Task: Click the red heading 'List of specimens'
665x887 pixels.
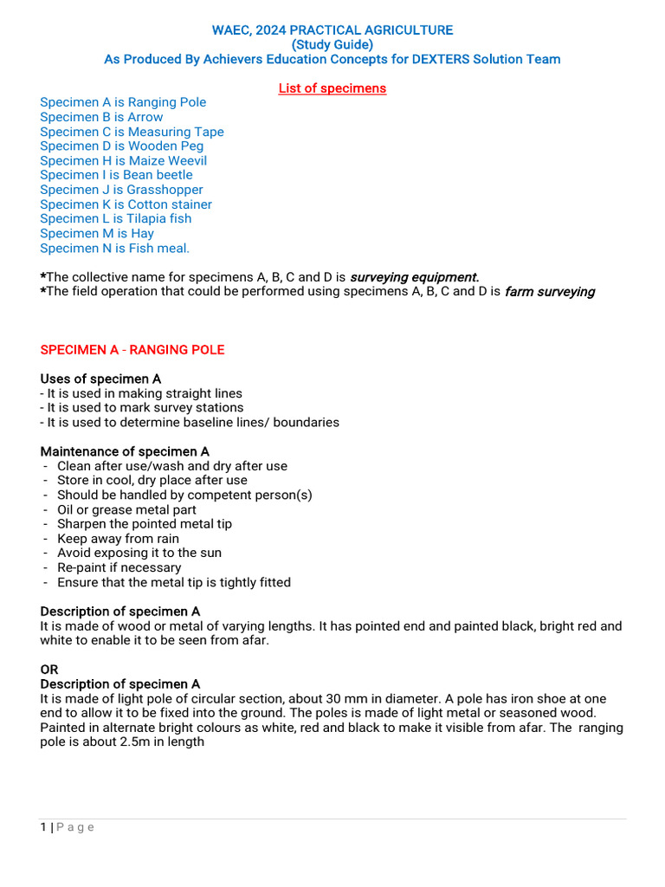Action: (332, 88)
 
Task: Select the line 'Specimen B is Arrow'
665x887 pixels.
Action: (101, 117)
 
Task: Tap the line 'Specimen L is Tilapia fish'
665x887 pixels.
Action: (115, 218)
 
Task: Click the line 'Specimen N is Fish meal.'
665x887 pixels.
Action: (114, 248)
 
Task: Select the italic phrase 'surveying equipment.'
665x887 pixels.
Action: (414, 277)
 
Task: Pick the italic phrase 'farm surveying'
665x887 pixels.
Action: (550, 292)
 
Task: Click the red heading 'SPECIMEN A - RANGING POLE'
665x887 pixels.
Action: (132, 350)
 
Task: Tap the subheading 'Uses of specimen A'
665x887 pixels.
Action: (100, 379)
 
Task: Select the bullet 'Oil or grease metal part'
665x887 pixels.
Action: (126, 509)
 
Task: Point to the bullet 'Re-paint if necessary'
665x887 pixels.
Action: (119, 567)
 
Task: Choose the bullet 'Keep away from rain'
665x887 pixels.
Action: (118, 539)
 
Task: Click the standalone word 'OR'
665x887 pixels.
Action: (49, 670)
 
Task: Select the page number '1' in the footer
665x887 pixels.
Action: (43, 827)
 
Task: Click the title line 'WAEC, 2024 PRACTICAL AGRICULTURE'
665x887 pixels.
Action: (332, 30)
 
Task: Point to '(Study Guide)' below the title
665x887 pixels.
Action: (332, 45)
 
